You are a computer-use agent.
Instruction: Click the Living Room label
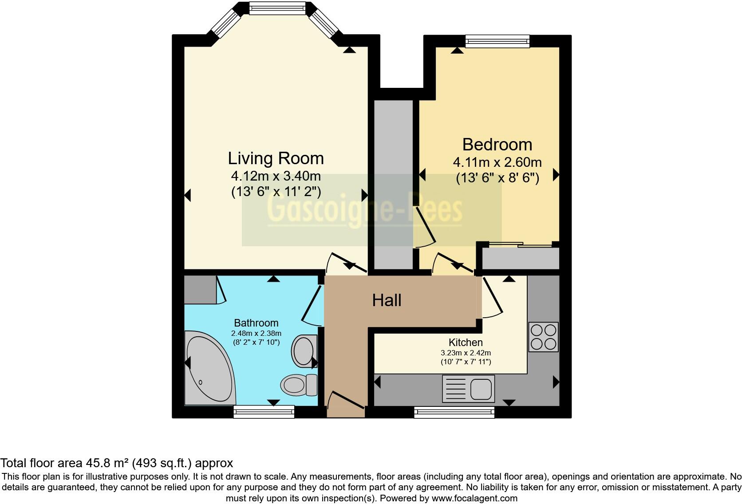(x=276, y=158)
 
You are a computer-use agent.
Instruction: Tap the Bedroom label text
(x=497, y=145)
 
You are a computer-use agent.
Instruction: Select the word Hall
(x=387, y=300)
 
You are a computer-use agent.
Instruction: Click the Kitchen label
(x=466, y=343)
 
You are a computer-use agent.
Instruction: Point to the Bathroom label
(x=256, y=323)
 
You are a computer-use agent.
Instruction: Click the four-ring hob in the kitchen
(x=544, y=337)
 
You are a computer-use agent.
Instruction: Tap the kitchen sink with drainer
(x=468, y=389)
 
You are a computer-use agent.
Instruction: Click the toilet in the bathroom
(x=300, y=385)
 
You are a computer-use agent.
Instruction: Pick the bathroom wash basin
(x=304, y=350)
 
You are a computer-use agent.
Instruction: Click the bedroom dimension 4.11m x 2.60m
(x=497, y=162)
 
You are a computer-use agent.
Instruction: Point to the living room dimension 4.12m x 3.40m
(x=276, y=176)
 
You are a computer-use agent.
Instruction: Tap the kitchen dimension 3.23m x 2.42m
(x=466, y=353)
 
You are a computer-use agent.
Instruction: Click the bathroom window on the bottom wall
(x=264, y=412)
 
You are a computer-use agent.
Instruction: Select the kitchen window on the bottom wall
(x=454, y=413)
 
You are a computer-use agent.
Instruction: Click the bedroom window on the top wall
(x=497, y=41)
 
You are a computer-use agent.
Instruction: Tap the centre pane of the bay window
(x=277, y=8)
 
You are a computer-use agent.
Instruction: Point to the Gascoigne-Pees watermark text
(x=365, y=210)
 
